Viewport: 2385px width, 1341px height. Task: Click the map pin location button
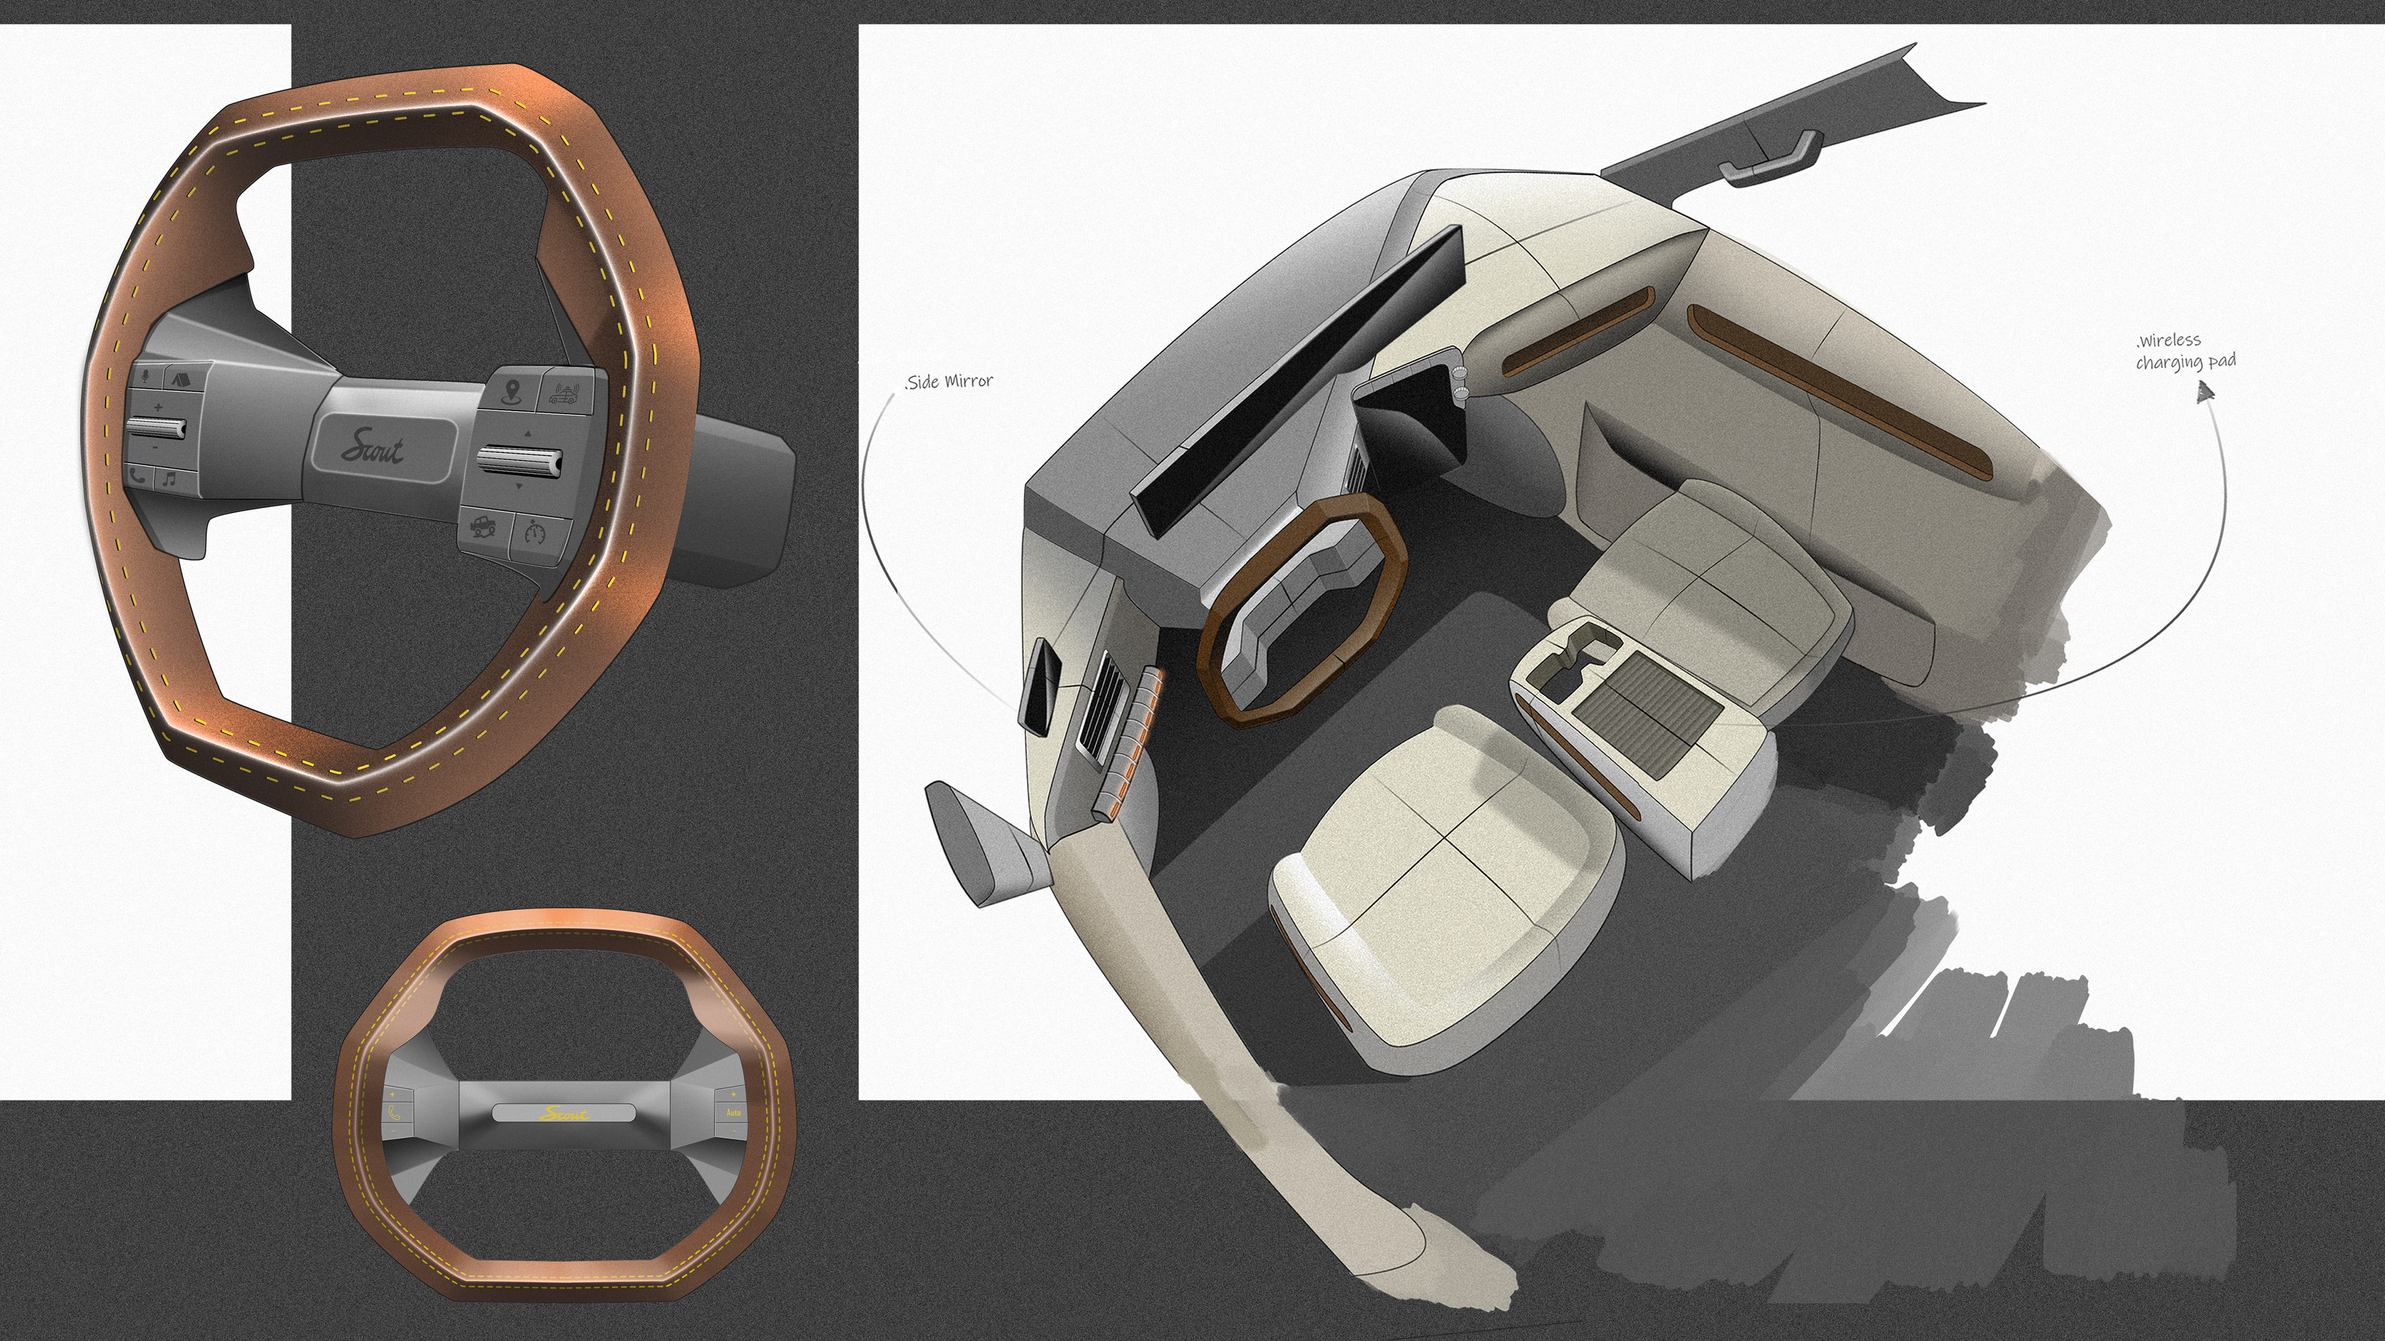click(507, 391)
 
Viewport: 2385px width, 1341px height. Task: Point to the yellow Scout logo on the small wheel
click(564, 1113)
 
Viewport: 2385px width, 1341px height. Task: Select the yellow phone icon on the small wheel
click(394, 1114)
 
